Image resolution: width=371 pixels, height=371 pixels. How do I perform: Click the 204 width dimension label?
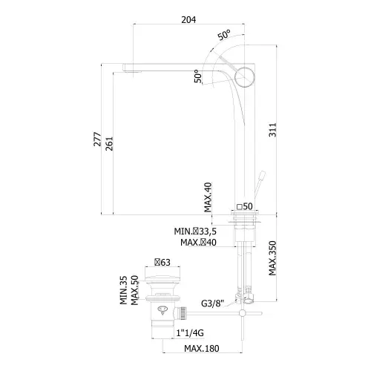(x=188, y=19)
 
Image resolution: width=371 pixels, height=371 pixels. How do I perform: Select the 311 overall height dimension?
(x=272, y=130)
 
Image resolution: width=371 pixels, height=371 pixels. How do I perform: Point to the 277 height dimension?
(x=97, y=139)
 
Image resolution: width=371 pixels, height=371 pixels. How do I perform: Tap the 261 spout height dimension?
(x=109, y=143)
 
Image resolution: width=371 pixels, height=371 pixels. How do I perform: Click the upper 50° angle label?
(x=224, y=35)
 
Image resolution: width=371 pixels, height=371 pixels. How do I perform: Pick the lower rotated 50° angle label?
(x=198, y=76)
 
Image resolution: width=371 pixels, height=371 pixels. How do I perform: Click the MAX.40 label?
(x=208, y=197)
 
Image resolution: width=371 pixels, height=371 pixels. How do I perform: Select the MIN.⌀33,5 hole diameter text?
(x=195, y=232)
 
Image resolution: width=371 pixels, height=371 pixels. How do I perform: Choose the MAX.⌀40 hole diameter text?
(x=198, y=243)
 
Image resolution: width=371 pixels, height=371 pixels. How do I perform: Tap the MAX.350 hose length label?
(x=272, y=258)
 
